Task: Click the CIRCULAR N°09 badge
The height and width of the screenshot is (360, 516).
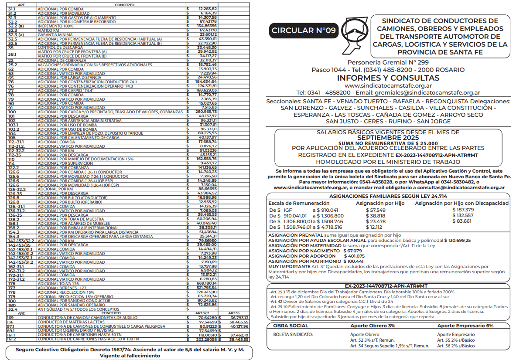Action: click(304, 30)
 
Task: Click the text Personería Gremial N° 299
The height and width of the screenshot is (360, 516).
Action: click(388, 62)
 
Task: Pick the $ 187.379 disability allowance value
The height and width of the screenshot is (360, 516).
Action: click(463, 210)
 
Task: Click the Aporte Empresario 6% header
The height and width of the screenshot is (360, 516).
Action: click(465, 326)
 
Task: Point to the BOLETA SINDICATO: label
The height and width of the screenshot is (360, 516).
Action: click(293, 335)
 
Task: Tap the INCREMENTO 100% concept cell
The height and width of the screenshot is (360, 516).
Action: click(55, 26)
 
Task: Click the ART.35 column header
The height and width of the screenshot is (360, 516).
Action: click(233, 313)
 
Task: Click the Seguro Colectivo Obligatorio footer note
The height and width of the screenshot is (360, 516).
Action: click(130, 352)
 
